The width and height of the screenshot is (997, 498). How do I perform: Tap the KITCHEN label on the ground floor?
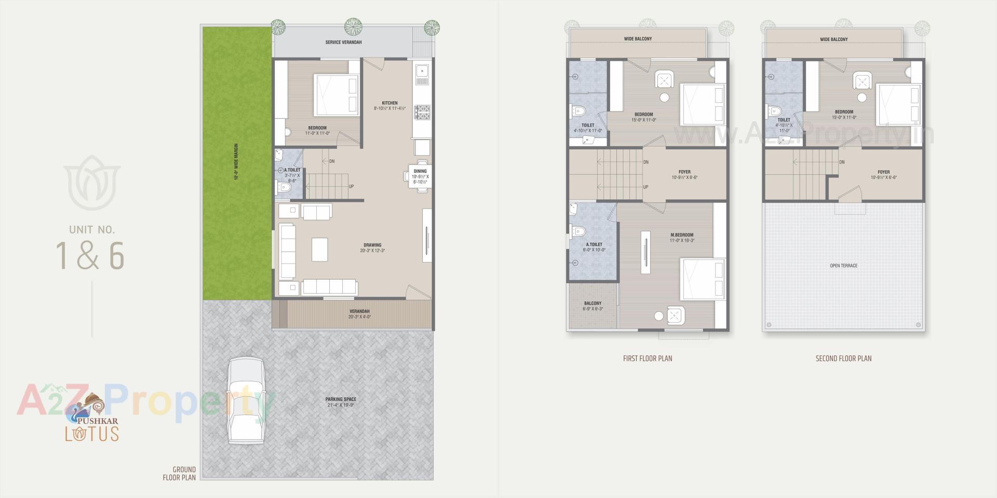point(389,103)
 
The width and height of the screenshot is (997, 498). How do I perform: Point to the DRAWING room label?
point(372,245)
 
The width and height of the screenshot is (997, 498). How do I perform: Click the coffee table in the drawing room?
point(319,250)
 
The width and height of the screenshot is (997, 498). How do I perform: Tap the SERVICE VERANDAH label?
point(343,43)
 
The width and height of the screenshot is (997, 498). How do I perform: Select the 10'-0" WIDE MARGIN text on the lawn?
point(236,162)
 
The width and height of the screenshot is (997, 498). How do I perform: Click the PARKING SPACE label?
point(341,399)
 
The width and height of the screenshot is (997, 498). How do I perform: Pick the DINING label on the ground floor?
point(420,171)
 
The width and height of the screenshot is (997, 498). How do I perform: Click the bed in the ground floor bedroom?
point(336,94)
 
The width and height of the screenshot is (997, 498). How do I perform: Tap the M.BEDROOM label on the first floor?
point(682,235)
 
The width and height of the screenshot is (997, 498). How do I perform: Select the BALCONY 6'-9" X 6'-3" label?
point(592,306)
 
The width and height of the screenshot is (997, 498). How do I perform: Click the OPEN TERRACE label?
point(843,266)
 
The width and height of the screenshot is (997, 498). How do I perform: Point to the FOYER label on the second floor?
point(883,172)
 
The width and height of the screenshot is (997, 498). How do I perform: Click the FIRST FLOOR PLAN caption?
point(647,358)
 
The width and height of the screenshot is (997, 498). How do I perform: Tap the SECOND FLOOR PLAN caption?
point(843,358)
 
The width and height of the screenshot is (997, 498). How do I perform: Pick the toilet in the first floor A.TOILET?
point(578,231)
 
